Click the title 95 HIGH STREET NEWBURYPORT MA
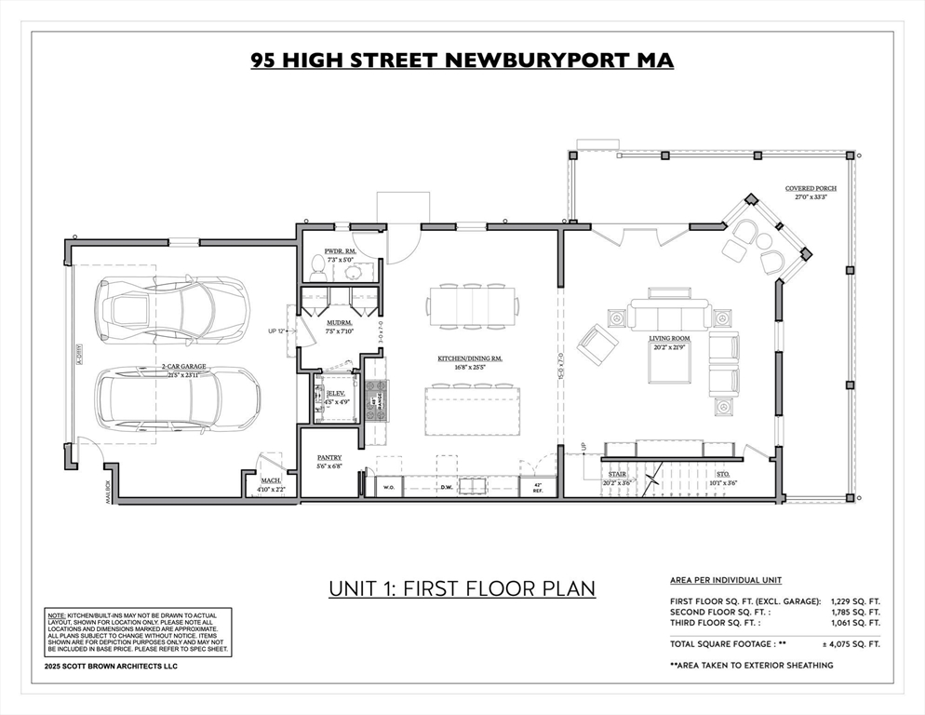[x=462, y=61]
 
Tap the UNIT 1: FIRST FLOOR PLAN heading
[x=462, y=589]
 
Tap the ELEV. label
[x=337, y=397]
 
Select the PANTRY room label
[x=328, y=457]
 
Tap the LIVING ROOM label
[x=670, y=339]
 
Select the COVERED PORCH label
[x=810, y=188]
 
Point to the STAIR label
[x=617, y=474]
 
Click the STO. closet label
[x=723, y=474]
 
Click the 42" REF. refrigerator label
[x=537, y=487]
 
